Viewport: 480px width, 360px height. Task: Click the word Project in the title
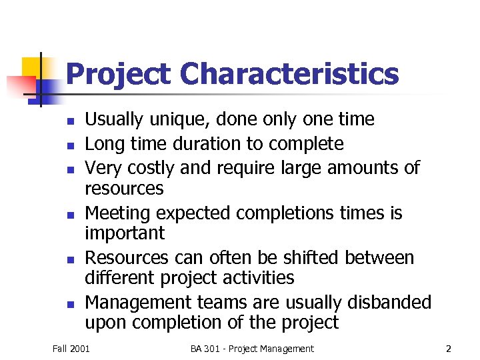coord(119,75)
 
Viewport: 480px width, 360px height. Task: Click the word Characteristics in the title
coord(289,74)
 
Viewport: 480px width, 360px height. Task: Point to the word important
coord(125,233)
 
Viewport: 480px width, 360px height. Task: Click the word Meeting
coord(117,213)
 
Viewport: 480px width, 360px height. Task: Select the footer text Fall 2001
coord(71,348)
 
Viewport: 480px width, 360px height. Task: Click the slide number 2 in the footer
coord(448,348)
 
